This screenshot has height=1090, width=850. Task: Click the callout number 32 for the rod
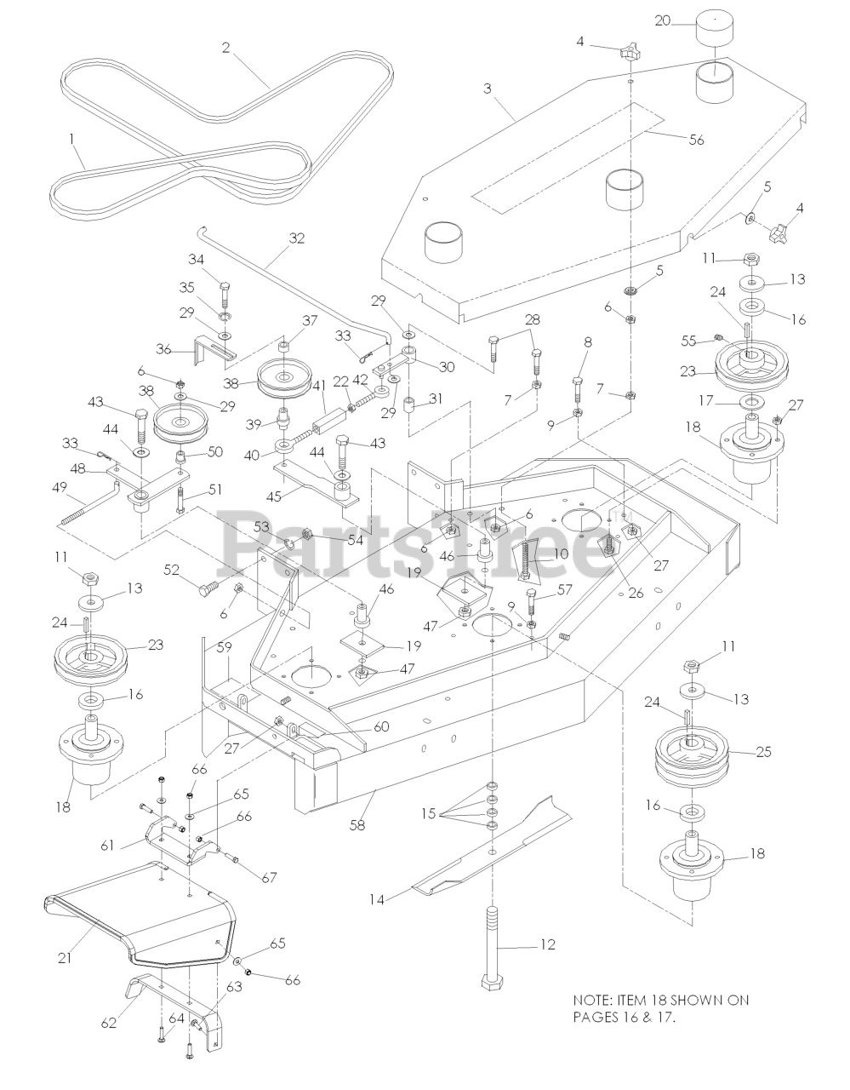click(296, 238)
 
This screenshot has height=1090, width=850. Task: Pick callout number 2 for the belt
click(226, 48)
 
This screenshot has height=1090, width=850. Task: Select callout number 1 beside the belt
click(72, 136)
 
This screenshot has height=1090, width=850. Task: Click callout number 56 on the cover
click(696, 140)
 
